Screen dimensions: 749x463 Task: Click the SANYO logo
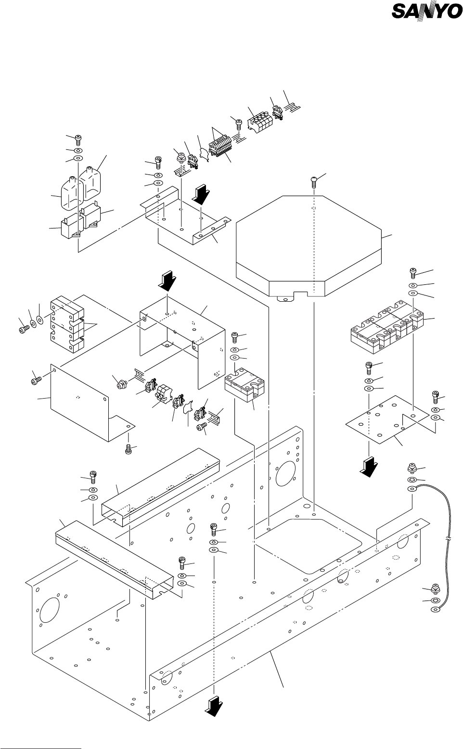click(x=426, y=12)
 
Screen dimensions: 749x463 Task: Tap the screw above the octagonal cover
click(x=314, y=182)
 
